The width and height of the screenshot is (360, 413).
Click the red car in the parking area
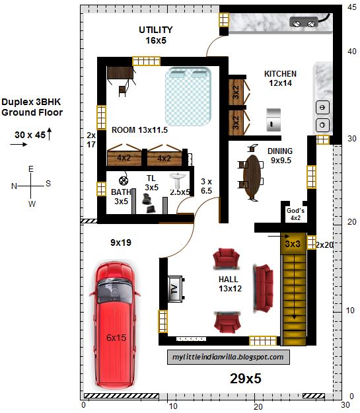tap(115, 325)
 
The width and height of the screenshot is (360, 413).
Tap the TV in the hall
tap(175, 289)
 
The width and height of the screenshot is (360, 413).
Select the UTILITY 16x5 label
tap(156, 35)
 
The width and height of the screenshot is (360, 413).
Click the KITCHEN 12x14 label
tap(280, 78)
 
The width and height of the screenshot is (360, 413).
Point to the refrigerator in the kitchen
tap(273, 120)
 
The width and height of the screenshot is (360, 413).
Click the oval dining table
tap(252, 176)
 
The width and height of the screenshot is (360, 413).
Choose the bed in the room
tap(188, 96)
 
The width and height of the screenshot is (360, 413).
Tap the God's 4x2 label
tap(295, 214)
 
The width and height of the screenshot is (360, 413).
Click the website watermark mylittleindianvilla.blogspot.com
tap(229, 357)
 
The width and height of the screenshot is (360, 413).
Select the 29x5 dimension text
tap(246, 379)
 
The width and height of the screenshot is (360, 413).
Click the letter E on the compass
tap(31, 169)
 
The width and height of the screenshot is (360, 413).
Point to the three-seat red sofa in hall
tap(264, 288)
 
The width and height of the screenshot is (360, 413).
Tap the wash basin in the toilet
tap(178, 180)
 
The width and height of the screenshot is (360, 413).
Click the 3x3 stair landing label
tap(293, 244)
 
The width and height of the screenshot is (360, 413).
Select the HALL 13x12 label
tap(230, 284)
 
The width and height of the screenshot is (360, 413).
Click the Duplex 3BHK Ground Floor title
tap(32, 107)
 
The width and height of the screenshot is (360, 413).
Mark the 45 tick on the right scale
tap(351, 7)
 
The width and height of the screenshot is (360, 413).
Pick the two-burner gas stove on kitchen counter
tap(304, 22)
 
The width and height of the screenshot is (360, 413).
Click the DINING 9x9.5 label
tap(280, 156)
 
